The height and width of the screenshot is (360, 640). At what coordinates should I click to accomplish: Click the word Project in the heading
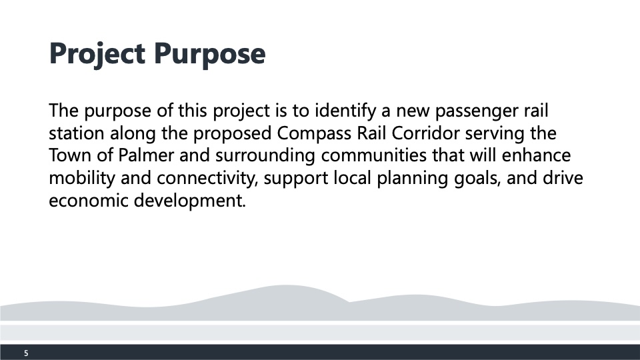coord(97,54)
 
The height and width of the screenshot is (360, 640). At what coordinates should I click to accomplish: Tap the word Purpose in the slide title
coord(210,54)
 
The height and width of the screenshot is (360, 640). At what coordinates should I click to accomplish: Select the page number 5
coord(26,353)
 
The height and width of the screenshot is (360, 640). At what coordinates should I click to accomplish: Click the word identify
coord(345,111)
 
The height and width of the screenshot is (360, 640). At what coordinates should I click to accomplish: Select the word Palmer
coord(146,155)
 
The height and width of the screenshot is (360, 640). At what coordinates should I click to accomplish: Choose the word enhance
coord(536,155)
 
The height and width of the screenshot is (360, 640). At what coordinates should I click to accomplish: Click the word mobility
coord(82,179)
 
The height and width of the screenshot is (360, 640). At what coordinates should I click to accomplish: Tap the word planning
coord(412,179)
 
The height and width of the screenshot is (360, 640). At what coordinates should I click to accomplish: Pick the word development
coord(190,201)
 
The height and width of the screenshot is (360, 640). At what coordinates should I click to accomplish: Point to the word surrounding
coord(265,156)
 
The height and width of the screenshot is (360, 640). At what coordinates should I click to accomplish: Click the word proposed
coord(232,134)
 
